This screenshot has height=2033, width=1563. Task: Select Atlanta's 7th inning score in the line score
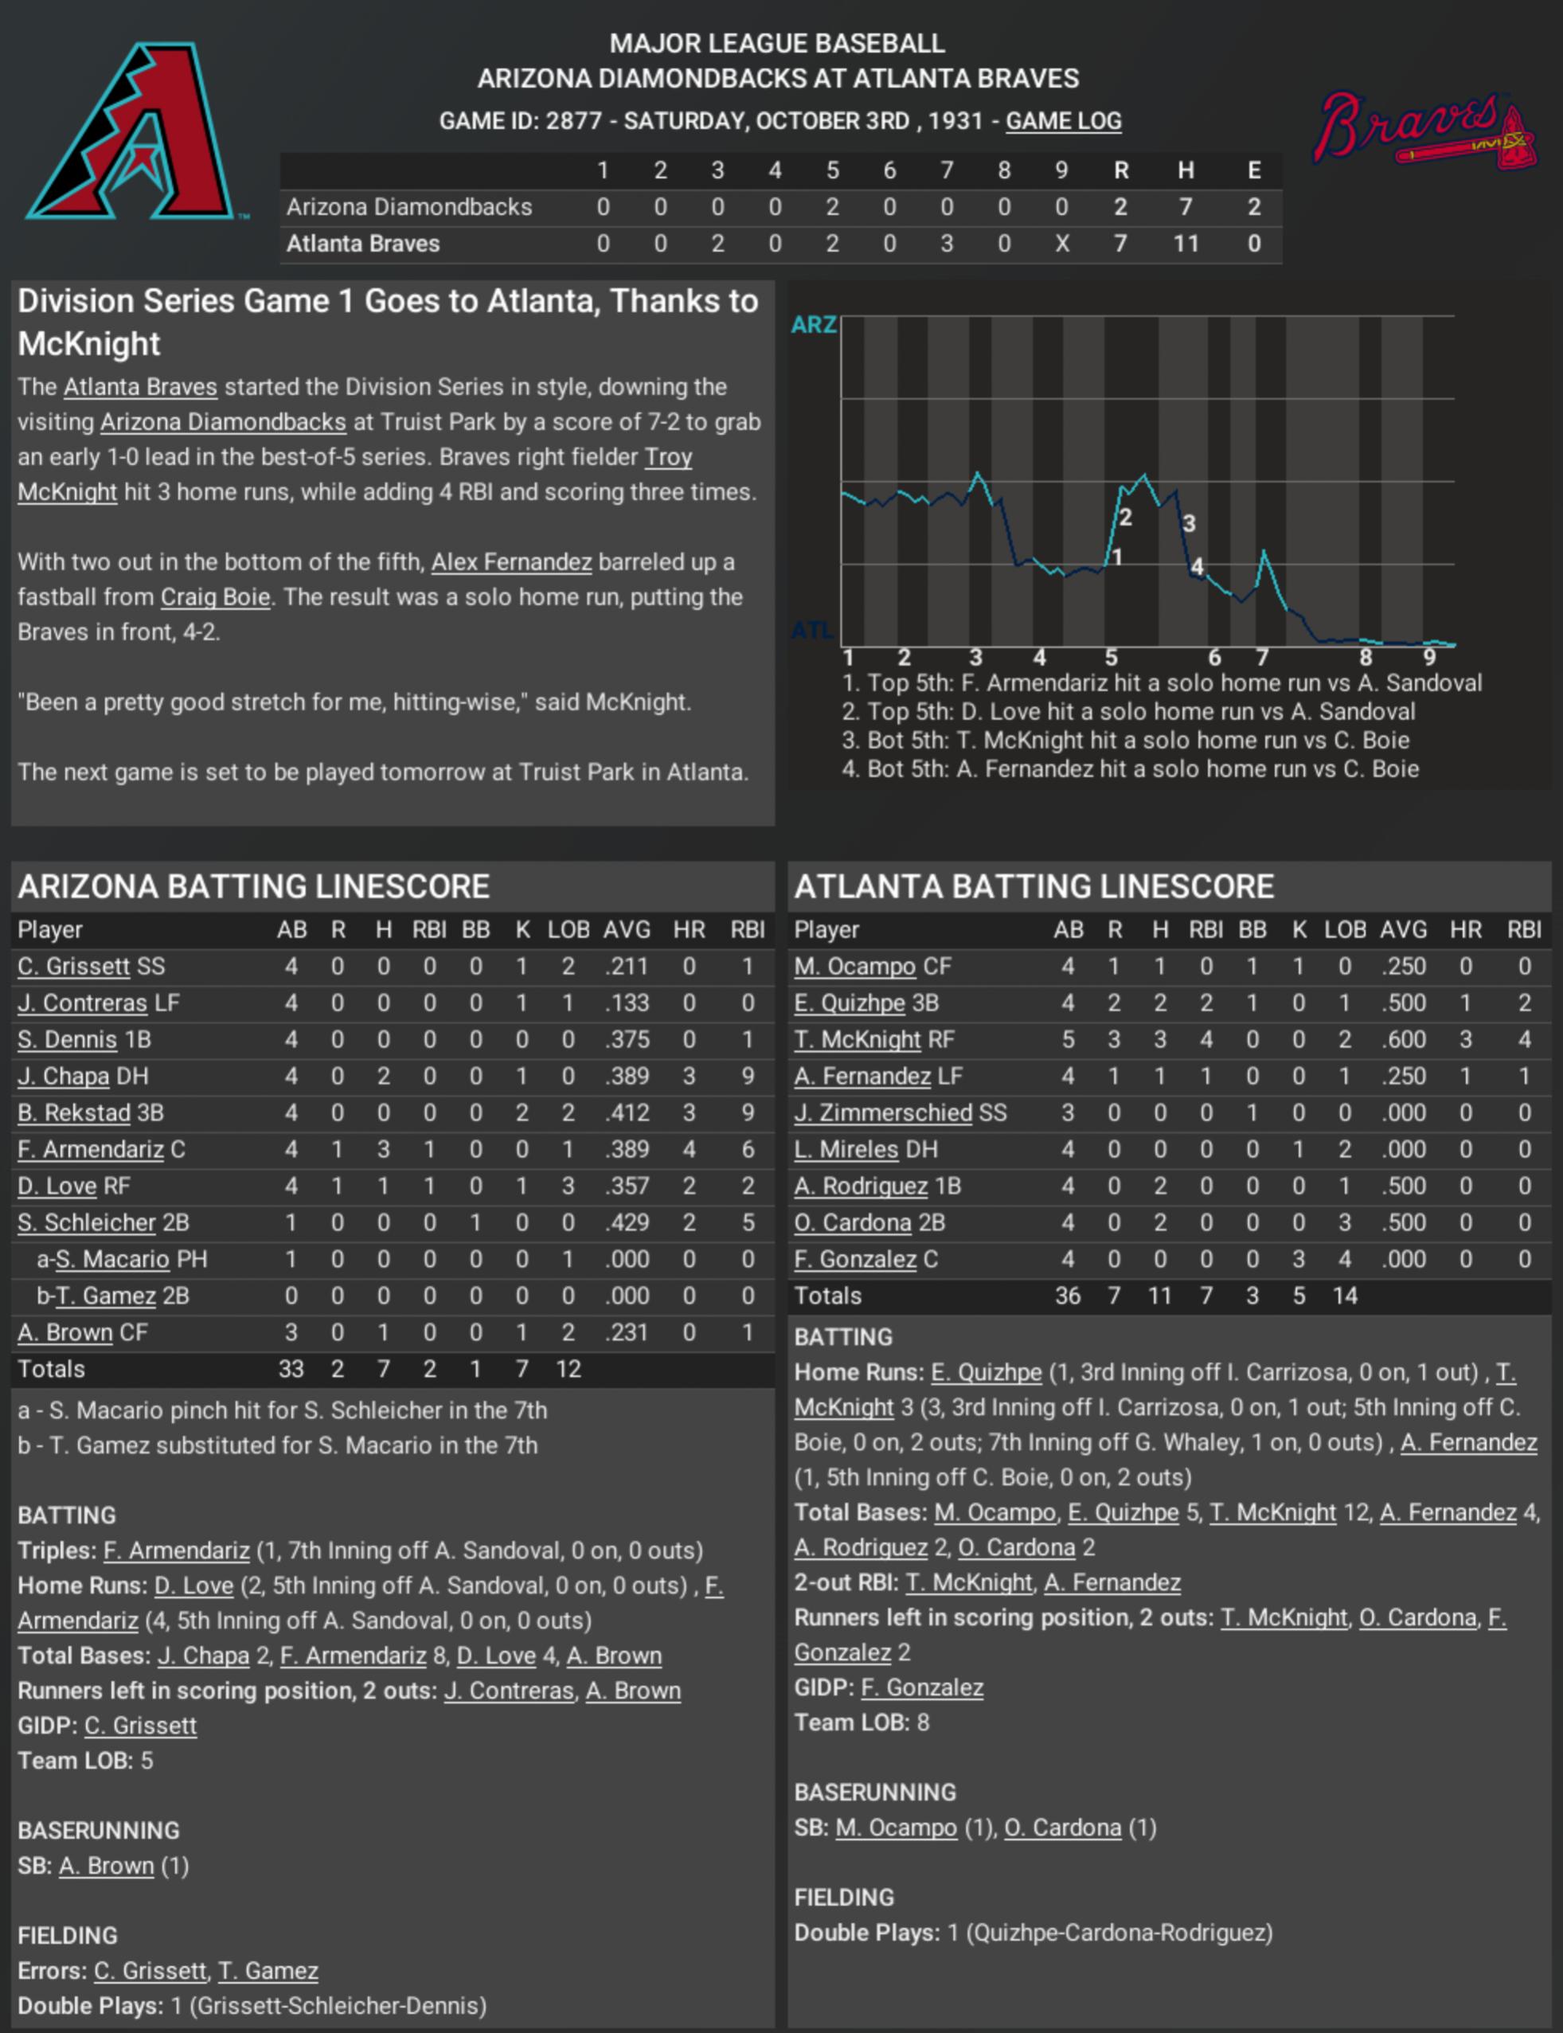coord(946,244)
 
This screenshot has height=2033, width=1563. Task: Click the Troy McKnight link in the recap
coord(67,492)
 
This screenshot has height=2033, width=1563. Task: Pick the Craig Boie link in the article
coord(215,597)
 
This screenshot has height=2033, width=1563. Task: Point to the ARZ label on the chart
coord(813,325)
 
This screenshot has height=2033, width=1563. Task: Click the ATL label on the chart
coord(811,631)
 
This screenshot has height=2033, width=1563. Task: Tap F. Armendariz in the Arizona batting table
coord(90,1150)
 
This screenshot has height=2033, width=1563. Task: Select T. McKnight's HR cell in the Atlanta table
coord(1465,1039)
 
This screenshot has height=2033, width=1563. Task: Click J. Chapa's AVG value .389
coord(626,1077)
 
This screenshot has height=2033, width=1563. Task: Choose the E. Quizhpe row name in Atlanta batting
coord(849,1003)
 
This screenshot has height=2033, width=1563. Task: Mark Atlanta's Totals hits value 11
coord(1159,1296)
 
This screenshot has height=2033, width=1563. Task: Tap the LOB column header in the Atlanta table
coord(1344,929)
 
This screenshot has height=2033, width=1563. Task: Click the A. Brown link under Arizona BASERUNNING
coord(106,1867)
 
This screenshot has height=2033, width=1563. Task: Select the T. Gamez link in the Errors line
coord(268,1972)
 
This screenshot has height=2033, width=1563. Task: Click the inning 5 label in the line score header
coord(832,170)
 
